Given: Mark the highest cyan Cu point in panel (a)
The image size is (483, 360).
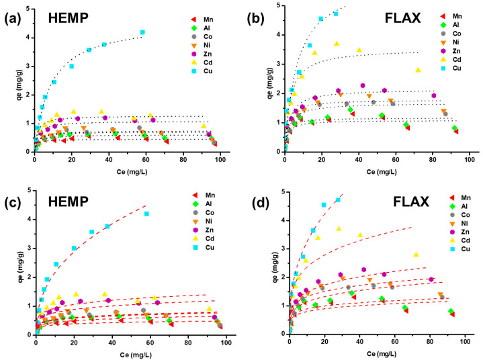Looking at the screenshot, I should tap(142, 32).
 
